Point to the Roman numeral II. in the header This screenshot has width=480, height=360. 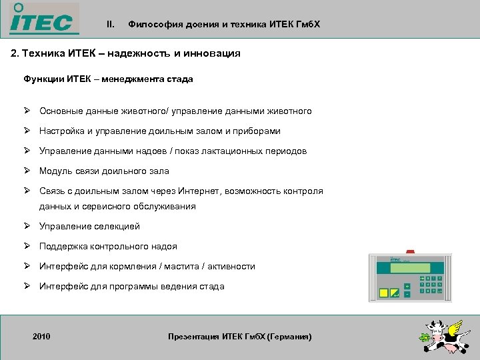click(111, 25)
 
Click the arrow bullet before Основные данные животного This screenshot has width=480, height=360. click(27, 111)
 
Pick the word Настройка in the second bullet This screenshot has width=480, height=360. click(62, 131)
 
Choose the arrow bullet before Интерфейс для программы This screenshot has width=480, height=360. click(27, 286)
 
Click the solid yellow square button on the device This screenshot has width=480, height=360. click(384, 292)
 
